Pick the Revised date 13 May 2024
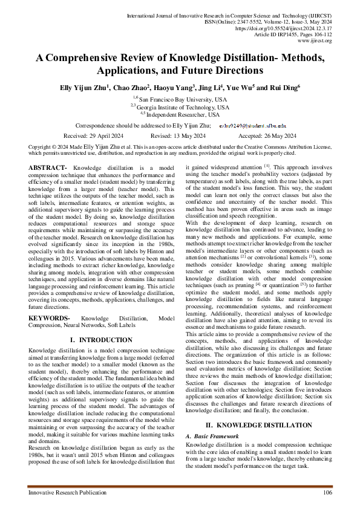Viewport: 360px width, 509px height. (180, 136)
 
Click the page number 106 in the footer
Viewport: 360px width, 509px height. (327, 493)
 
